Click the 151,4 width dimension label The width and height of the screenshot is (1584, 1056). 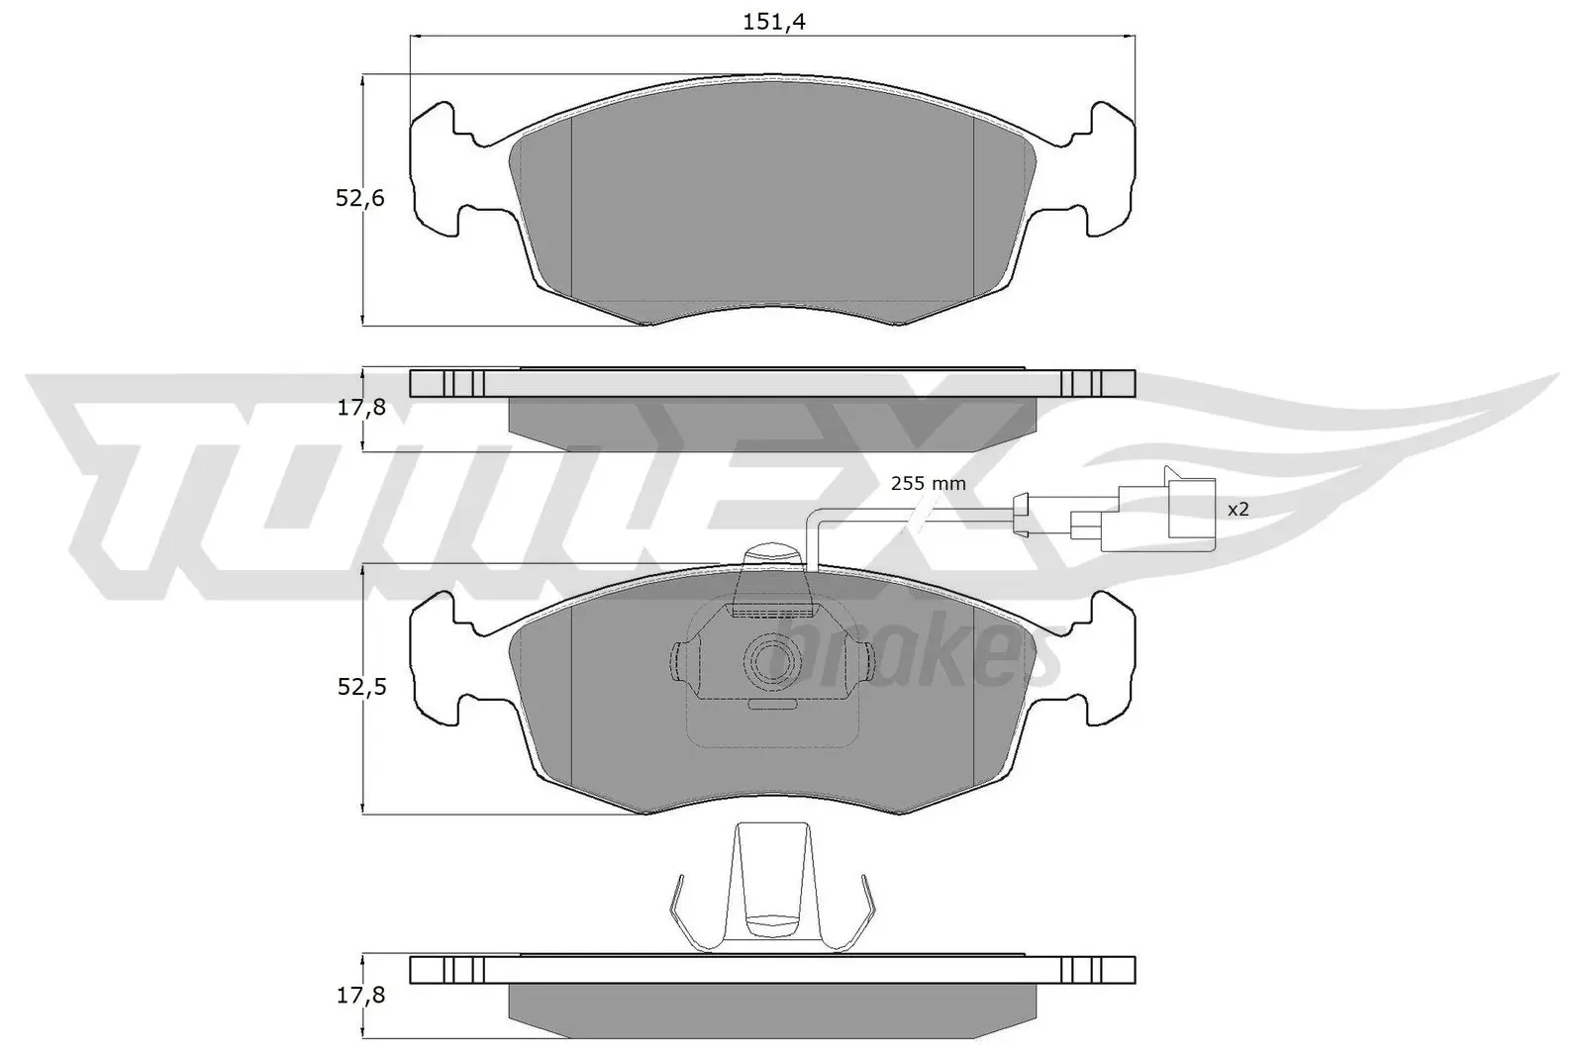coord(773,22)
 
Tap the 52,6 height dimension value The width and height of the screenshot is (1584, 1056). coord(359,198)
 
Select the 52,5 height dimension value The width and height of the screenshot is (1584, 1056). coord(359,687)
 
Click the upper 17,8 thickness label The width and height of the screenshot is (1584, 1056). coord(359,407)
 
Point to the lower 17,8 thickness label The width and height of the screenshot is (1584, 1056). coord(359,995)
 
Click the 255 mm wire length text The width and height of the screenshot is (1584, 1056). coord(928,484)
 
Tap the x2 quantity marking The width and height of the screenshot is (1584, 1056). coord(1237,510)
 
